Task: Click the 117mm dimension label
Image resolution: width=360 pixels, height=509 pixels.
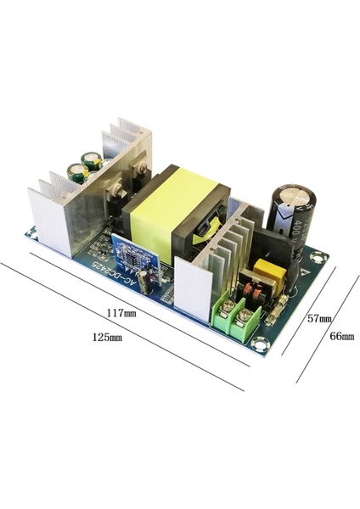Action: point(122,312)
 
